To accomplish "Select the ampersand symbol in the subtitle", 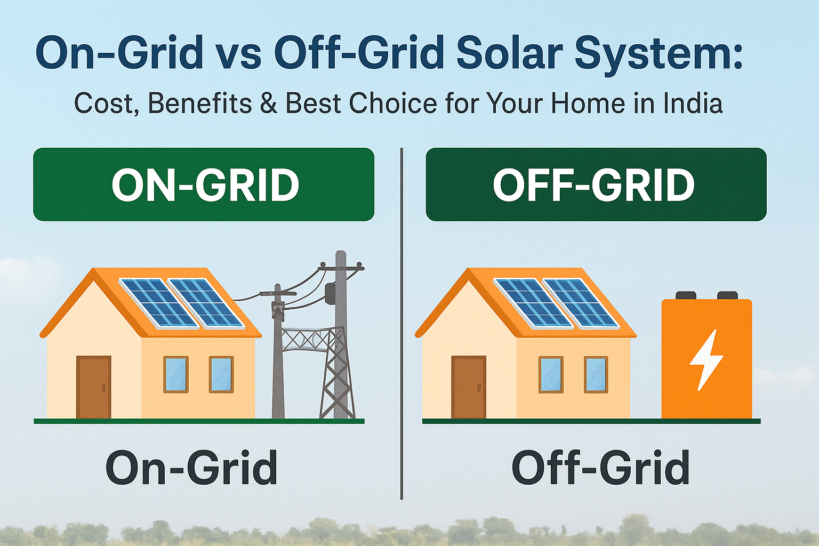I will click(269, 103).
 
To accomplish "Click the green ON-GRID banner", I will click(204, 184).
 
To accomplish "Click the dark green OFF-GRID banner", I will click(596, 184).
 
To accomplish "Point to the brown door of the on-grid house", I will click(94, 387).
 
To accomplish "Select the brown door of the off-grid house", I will click(469, 387).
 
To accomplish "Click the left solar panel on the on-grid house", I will click(158, 302).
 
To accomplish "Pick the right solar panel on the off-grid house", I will click(581, 302).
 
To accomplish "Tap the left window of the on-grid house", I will click(175, 374).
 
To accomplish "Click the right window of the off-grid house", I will click(596, 374).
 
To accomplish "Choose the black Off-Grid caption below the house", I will click(600, 468).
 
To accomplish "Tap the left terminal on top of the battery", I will click(686, 295).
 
